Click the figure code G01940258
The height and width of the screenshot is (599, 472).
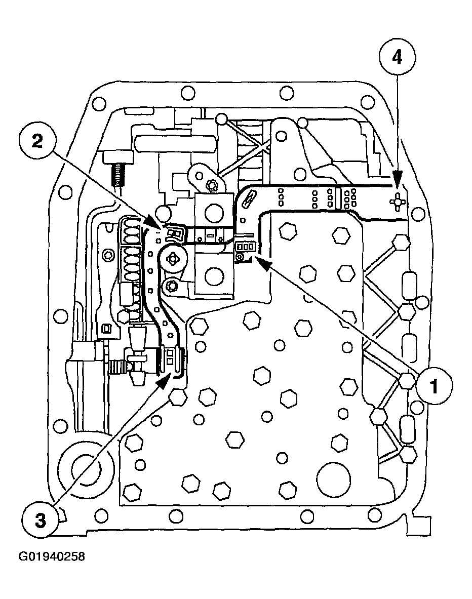pyautogui.click(x=52, y=557)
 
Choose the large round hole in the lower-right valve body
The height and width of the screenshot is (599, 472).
pyautogui.click(x=334, y=478)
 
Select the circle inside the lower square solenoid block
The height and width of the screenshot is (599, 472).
pyautogui.click(x=213, y=276)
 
